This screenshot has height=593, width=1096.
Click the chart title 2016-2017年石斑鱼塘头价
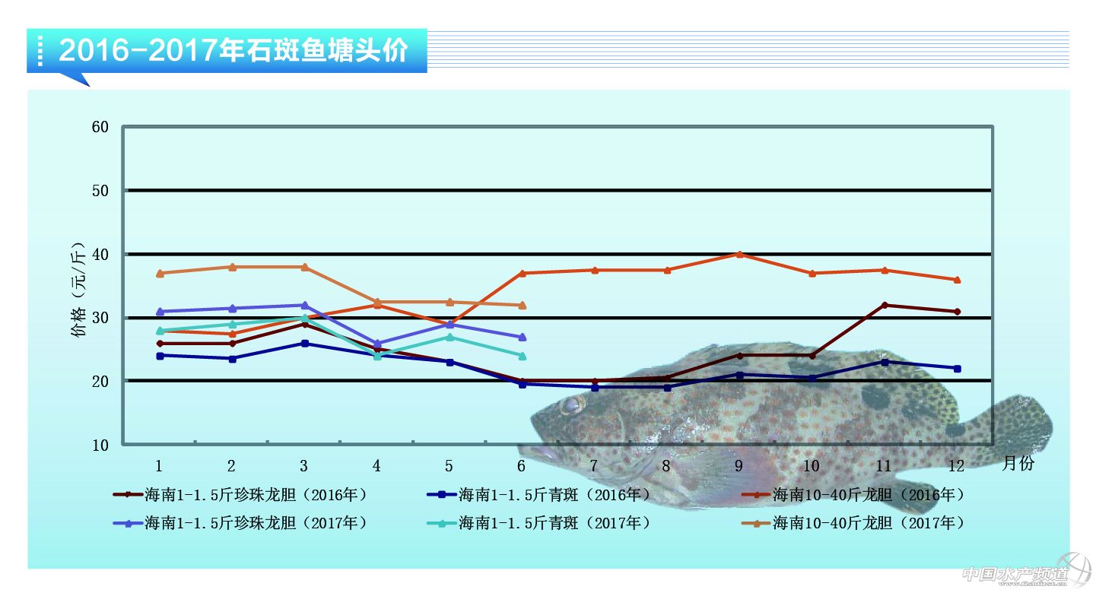click(x=233, y=51)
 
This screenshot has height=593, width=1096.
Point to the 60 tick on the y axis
click(x=100, y=127)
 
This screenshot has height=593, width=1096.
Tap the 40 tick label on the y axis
click(x=100, y=254)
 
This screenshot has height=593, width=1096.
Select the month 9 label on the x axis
click(x=739, y=465)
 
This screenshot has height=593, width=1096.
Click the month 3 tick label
click(x=303, y=465)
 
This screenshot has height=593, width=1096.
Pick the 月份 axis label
click(x=1018, y=463)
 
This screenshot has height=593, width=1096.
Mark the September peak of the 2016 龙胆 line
click(x=739, y=254)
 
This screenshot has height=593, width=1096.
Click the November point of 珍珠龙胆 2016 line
click(x=884, y=305)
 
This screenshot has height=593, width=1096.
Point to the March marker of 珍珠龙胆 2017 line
click(x=304, y=305)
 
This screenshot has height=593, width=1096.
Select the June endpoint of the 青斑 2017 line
click(x=522, y=355)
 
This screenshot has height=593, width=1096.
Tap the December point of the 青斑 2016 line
click(x=957, y=368)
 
